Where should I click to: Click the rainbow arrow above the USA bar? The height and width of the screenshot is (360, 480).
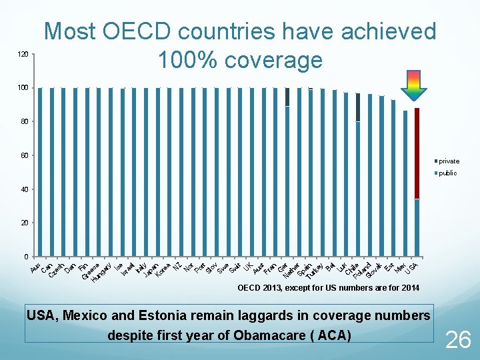413,85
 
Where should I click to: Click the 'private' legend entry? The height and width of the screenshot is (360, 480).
448,161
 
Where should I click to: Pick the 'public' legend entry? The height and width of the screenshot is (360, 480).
447,173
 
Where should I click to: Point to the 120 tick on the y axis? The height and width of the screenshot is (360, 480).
23,54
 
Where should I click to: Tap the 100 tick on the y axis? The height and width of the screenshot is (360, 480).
23,88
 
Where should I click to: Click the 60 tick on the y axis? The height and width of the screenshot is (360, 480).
24,155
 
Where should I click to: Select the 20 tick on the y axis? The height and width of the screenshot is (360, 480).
24,223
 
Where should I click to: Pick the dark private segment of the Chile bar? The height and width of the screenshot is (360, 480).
358,107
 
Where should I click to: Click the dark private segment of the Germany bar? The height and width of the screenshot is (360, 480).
287,97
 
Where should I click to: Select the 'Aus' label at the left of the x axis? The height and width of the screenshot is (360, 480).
35,267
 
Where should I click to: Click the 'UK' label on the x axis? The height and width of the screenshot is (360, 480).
247,267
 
